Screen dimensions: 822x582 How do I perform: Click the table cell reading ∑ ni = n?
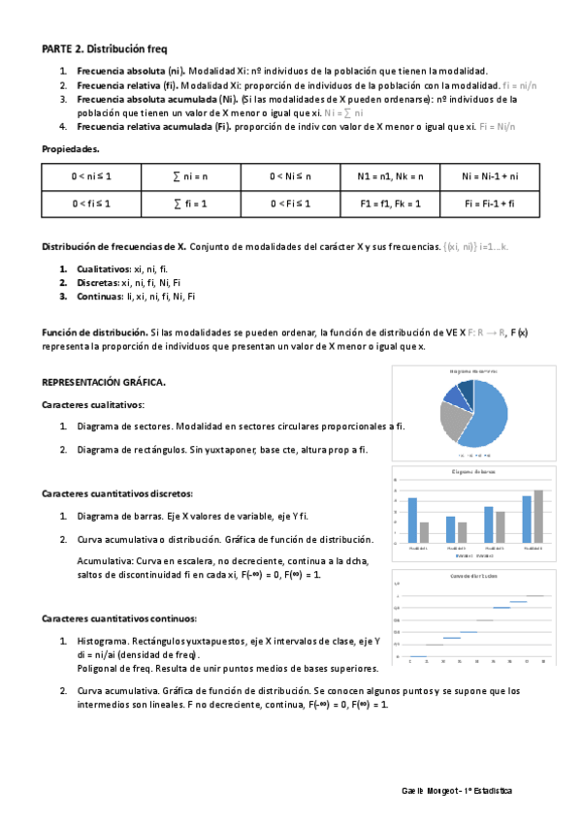(192, 176)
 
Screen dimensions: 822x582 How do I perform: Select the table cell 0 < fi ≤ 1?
(91, 204)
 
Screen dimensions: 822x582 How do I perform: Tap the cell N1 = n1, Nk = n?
(390, 176)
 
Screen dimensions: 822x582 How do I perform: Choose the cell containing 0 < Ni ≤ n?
(291, 176)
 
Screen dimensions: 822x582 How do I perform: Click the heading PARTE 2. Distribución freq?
(110, 47)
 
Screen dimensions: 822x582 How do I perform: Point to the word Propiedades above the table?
(70, 148)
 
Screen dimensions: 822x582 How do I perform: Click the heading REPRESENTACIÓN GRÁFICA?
(104, 382)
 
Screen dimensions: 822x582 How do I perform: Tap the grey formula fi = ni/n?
(520, 85)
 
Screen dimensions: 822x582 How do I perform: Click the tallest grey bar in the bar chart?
(538, 516)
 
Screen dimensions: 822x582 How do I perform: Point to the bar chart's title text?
(474, 472)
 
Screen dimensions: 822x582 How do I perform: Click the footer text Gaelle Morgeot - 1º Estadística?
(457, 791)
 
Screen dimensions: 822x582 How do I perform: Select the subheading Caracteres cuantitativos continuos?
(119, 617)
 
